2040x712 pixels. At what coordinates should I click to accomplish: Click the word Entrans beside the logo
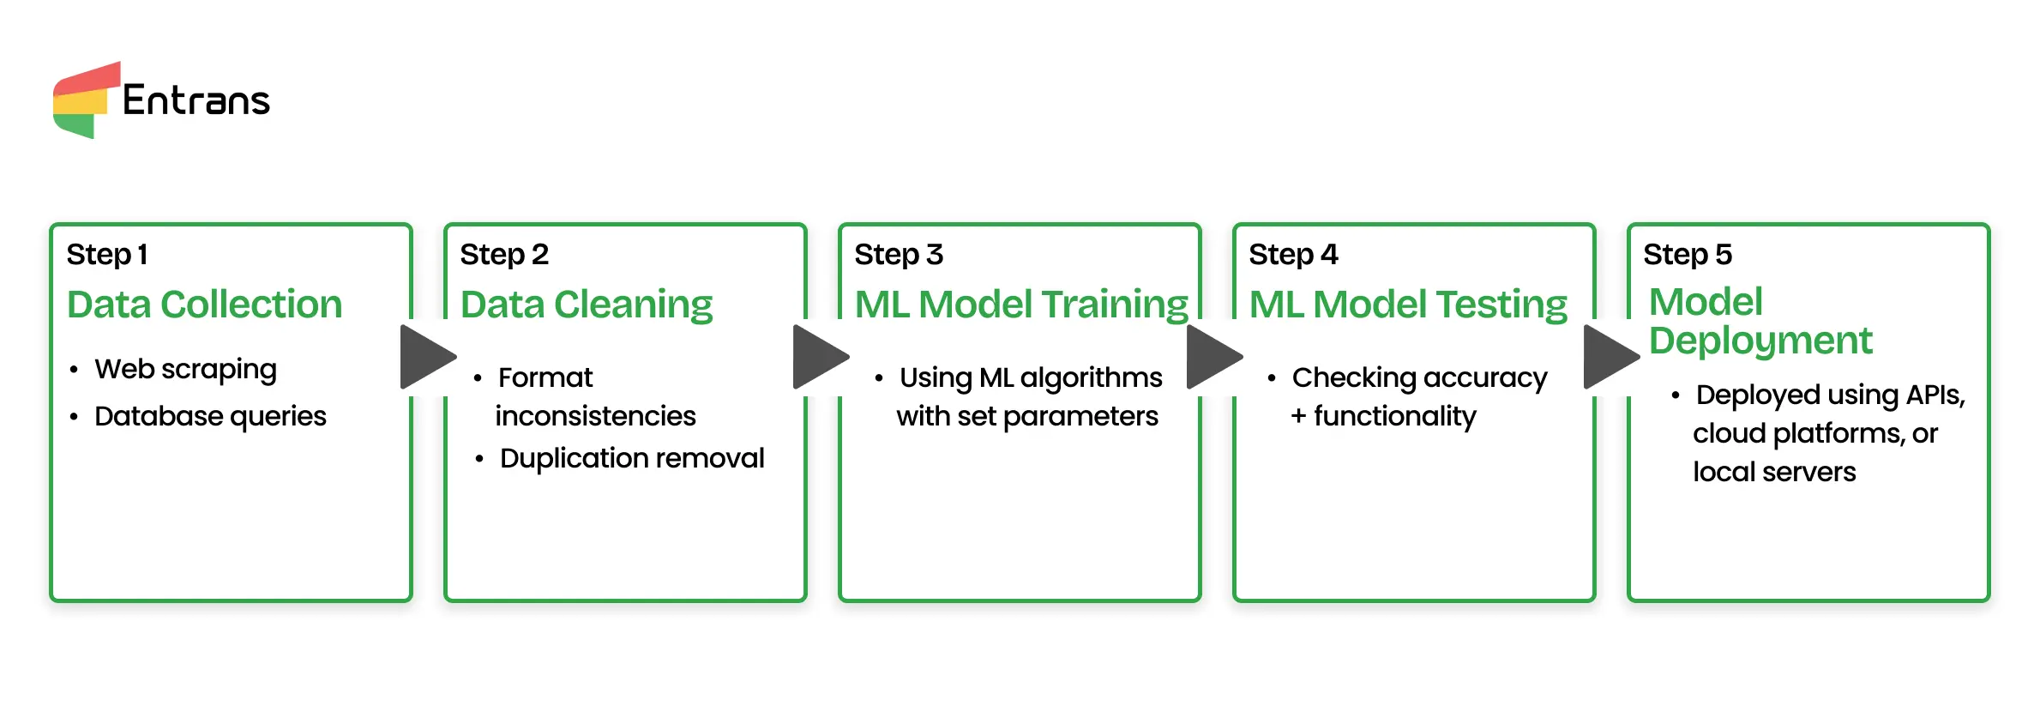pos(196,100)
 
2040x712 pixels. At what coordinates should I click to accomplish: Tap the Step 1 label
pos(107,255)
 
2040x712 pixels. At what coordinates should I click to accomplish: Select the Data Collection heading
pos(204,305)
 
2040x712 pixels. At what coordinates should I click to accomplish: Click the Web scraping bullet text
pos(185,370)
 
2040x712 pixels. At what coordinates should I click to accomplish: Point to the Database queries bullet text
pos(210,416)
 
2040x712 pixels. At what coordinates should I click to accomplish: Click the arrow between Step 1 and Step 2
pos(426,357)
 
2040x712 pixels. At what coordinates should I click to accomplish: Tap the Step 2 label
pos(504,255)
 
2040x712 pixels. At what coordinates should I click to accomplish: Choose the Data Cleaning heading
pos(587,305)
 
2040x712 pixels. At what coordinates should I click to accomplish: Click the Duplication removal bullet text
pos(632,458)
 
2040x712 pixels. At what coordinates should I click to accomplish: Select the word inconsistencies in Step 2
pos(595,416)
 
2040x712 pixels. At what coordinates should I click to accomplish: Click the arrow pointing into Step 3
pos(819,357)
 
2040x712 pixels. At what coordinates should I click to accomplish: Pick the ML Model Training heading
pos(1021,305)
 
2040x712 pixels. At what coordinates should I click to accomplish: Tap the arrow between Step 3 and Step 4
pos(1213,357)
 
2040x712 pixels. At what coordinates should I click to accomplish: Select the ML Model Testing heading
pos(1408,305)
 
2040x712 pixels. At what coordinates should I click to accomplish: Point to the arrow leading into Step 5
pos(1610,357)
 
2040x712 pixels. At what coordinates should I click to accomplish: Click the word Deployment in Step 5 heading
pos(1760,341)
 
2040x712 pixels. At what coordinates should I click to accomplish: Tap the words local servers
pos(1774,472)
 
